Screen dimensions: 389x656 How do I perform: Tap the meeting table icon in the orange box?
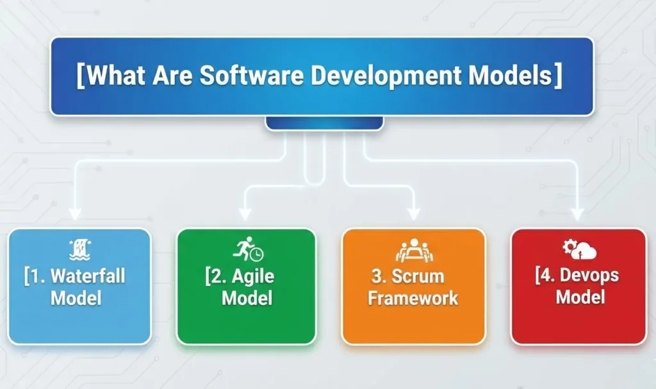(x=414, y=251)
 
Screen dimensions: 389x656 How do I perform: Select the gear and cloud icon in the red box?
(x=578, y=249)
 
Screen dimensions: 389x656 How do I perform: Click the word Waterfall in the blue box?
(x=87, y=277)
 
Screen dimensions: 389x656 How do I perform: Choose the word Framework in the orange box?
(x=413, y=298)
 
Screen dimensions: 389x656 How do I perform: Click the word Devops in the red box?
(x=589, y=276)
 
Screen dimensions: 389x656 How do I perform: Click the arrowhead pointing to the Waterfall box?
(x=76, y=214)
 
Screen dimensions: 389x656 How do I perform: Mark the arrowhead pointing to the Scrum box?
(x=413, y=214)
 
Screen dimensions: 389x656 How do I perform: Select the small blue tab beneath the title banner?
(x=324, y=122)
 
